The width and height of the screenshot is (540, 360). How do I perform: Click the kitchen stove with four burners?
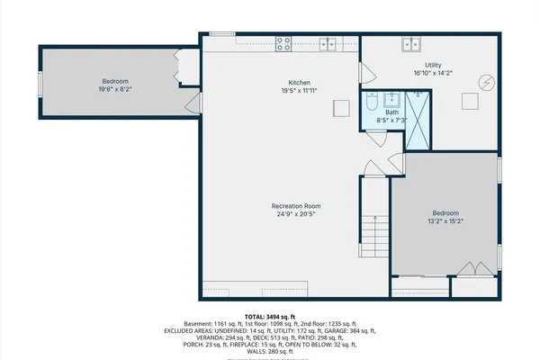(283, 41)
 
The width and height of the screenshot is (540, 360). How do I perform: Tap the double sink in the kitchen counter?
(330, 41)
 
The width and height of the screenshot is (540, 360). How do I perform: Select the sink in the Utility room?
(414, 42)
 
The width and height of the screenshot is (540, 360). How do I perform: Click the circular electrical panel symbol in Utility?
(487, 82)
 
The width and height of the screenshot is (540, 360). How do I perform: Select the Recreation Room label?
(298, 206)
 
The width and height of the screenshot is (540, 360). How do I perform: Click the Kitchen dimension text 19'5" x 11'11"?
(300, 91)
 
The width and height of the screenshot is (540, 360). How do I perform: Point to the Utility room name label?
(432, 66)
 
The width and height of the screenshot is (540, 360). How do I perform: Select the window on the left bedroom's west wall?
(40, 82)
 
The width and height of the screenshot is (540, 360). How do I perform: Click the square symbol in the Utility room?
(470, 101)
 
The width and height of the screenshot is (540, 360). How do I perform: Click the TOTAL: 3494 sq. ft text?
(270, 317)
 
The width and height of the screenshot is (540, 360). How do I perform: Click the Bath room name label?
(392, 112)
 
